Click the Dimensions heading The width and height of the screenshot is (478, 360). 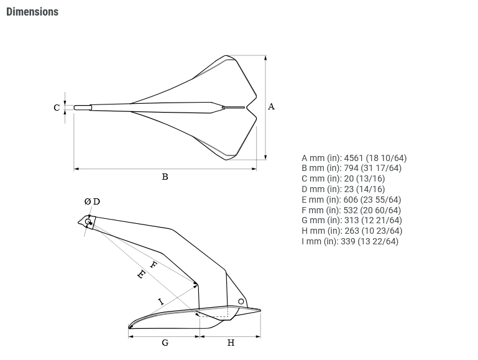32,12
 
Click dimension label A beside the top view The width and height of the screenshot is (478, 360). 271,107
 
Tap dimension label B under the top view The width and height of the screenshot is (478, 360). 165,177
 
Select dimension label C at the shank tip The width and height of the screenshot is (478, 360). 57,108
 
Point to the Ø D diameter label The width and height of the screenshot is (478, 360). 92,202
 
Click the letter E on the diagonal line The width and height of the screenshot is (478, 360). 141,275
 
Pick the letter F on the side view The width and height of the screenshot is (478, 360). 154,265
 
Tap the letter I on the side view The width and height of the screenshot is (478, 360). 161,302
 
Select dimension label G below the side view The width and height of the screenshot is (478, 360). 165,343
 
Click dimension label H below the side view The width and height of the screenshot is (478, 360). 231,343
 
